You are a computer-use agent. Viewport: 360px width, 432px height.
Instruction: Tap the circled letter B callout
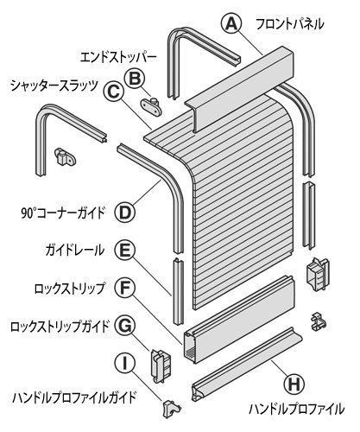(x=135, y=79)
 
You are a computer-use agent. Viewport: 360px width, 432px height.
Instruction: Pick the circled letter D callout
(x=125, y=213)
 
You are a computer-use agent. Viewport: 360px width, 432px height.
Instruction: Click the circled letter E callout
(x=125, y=250)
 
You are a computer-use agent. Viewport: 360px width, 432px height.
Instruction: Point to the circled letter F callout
(x=125, y=288)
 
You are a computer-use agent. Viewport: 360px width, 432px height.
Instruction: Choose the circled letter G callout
(x=125, y=326)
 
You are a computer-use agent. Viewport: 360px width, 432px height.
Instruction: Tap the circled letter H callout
(x=294, y=384)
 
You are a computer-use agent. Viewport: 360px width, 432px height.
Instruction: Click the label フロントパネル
(x=289, y=24)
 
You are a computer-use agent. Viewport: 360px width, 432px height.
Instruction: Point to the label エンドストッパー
(x=118, y=58)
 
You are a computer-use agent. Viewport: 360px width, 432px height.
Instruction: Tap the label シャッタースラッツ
(x=54, y=86)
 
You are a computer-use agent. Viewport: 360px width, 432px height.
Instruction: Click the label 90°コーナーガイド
(x=62, y=213)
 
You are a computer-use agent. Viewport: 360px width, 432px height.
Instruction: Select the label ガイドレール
(x=75, y=251)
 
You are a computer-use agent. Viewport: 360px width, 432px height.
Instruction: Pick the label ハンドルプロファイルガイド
(x=74, y=397)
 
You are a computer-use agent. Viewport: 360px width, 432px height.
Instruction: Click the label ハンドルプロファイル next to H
(x=296, y=409)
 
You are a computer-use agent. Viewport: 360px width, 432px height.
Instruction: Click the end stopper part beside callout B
(x=151, y=105)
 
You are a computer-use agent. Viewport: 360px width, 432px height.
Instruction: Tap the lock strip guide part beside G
(x=161, y=366)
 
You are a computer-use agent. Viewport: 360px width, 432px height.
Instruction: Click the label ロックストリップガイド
(x=60, y=327)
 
